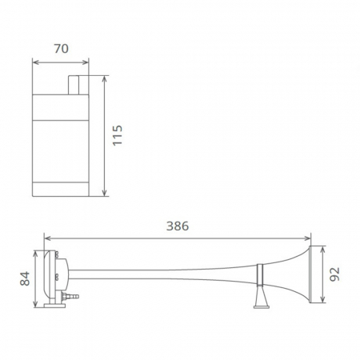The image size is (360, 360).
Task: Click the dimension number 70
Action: point(60,48)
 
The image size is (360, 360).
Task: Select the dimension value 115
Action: point(118,137)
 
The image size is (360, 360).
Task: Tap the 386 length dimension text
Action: point(177,226)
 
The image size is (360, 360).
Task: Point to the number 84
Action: point(25,278)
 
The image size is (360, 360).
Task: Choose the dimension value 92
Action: point(335,275)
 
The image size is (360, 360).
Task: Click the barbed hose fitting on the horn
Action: point(74,296)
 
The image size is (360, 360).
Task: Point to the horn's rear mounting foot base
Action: point(54,303)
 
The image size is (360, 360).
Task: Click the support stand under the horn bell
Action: point(260,298)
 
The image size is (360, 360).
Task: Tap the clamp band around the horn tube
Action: point(259,275)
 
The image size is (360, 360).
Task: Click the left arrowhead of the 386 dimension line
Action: point(46,238)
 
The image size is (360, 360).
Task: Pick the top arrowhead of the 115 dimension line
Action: point(106,78)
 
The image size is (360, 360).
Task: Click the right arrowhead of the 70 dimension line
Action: point(87,62)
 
